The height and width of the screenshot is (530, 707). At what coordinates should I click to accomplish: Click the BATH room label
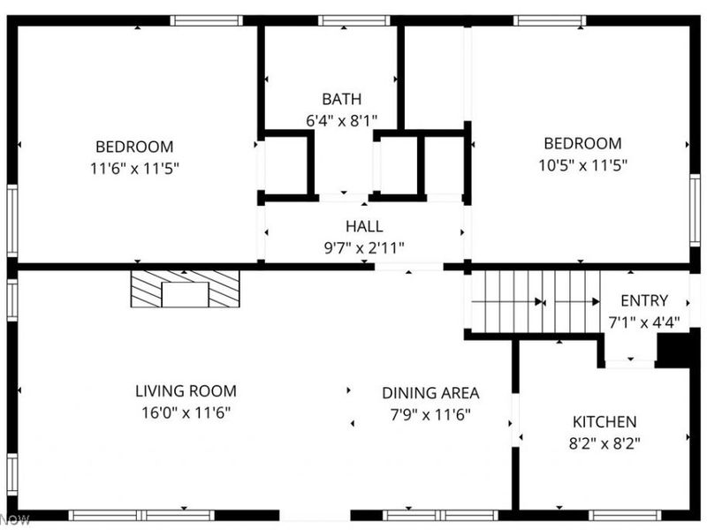coord(341,99)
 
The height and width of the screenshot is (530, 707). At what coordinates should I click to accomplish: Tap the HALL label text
coord(364,227)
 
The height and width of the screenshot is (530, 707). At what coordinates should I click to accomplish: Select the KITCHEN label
coord(604,422)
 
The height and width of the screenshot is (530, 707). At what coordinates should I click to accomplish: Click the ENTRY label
coord(644,300)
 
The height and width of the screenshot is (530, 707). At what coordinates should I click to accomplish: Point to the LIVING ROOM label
coord(186,390)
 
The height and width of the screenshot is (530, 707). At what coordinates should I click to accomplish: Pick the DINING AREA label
coord(430,393)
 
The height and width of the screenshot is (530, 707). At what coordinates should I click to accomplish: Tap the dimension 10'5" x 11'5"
coord(582,163)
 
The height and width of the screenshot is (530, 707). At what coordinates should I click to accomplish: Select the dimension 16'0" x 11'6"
coord(186,412)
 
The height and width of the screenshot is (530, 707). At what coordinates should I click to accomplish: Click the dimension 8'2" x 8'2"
coord(604,443)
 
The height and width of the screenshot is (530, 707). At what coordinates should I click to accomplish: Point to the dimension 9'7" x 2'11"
coord(364,248)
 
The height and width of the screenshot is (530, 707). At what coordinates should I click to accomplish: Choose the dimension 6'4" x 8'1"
coord(341,120)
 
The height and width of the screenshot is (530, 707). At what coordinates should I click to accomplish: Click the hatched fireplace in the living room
coord(185,289)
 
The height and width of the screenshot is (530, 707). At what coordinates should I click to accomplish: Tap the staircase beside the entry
coord(534,300)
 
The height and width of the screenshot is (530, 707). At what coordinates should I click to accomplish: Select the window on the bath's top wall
coord(342,20)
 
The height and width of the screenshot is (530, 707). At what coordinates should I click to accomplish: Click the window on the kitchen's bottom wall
coord(623,515)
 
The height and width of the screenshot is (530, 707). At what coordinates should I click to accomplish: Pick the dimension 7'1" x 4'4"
coord(644,322)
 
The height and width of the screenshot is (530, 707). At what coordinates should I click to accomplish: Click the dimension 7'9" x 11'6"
coord(430,414)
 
